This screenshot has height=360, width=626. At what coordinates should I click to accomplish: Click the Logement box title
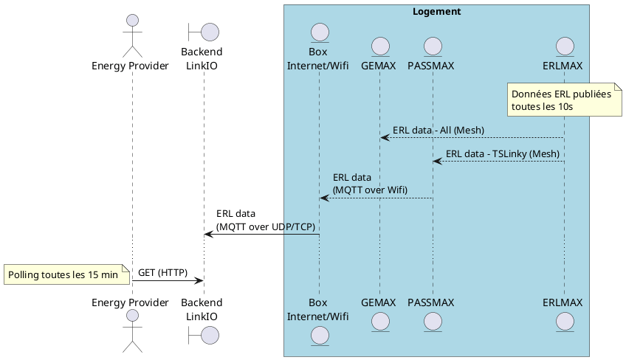point(436,12)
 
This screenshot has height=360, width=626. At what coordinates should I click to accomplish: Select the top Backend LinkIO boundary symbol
point(204,32)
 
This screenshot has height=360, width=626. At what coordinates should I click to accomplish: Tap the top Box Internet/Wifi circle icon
point(319,33)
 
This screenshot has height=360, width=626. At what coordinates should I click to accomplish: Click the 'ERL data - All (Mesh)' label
point(438,131)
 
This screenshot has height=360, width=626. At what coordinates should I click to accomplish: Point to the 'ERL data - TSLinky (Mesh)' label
point(502,154)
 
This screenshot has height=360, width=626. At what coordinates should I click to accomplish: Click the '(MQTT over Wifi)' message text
point(370,190)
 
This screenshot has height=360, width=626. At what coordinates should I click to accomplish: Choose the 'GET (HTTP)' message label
point(162,272)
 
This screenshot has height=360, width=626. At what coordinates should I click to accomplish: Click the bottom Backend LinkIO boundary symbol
point(204,333)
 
